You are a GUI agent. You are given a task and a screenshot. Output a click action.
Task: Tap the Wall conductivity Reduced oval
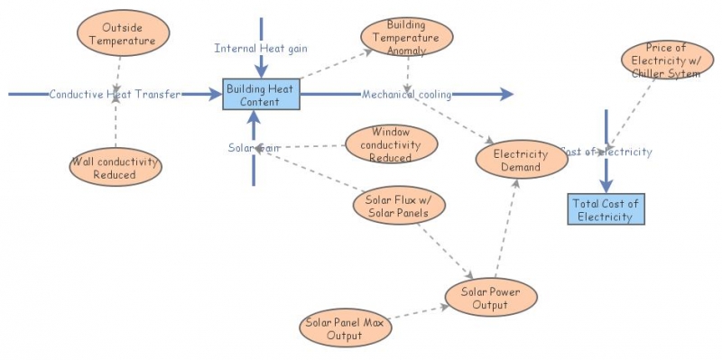tap(115, 169)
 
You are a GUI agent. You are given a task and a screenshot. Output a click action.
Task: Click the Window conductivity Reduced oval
tap(391, 144)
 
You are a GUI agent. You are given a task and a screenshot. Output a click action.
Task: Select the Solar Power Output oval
tap(491, 298)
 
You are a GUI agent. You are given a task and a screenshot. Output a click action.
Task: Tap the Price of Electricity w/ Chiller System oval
tap(667, 60)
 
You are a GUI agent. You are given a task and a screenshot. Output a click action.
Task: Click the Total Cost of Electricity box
tap(606, 209)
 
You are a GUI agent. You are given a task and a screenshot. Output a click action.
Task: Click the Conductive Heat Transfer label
tap(115, 94)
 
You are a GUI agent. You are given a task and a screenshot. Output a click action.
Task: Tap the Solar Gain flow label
tap(254, 147)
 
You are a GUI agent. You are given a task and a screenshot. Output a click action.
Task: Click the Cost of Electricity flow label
tap(606, 152)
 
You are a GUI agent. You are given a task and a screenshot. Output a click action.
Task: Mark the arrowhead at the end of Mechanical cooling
tap(505, 94)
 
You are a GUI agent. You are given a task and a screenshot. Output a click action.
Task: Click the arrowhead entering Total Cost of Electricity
tap(606, 185)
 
